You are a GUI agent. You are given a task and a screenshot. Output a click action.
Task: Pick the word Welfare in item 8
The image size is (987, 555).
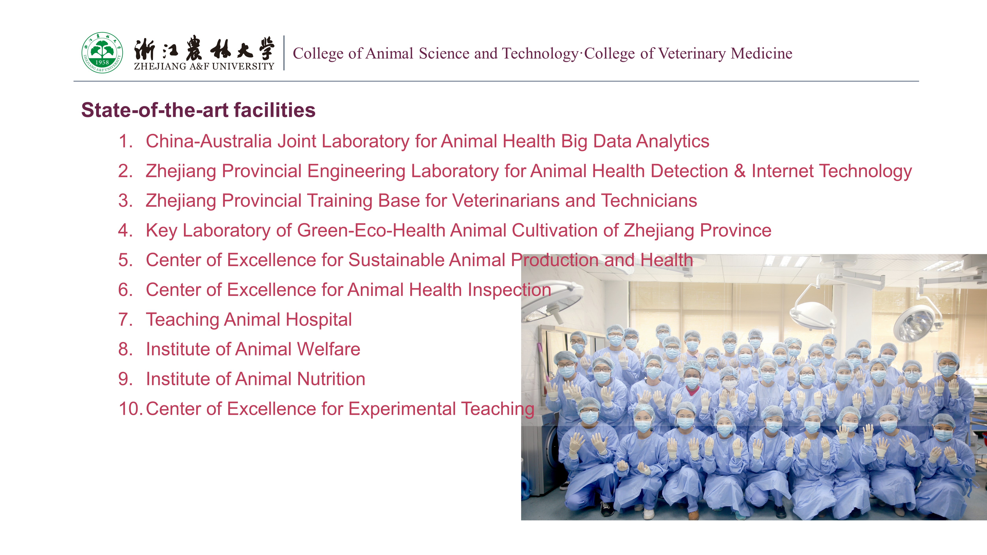(328, 349)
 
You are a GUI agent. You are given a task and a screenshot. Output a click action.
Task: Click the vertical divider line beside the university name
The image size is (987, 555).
(284, 53)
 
